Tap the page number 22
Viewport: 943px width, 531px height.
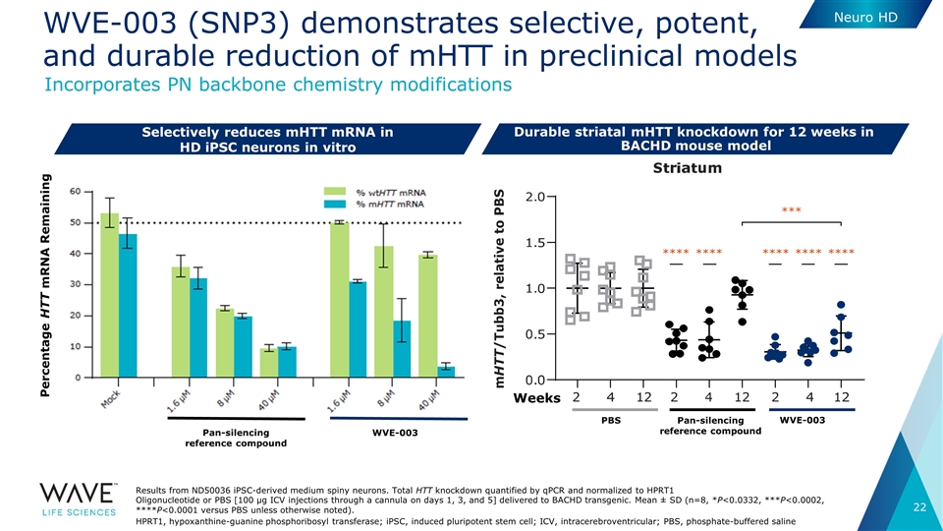click(x=920, y=506)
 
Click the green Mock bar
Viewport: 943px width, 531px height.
click(x=110, y=295)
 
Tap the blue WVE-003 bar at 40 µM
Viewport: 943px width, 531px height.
click(x=446, y=372)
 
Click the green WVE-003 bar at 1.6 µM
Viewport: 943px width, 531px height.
click(x=340, y=299)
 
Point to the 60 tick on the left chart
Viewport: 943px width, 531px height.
click(x=75, y=191)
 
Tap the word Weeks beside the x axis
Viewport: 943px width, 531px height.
click(x=535, y=398)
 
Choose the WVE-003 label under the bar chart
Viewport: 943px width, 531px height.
click(x=394, y=433)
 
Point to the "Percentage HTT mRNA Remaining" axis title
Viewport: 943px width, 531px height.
click(x=47, y=295)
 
